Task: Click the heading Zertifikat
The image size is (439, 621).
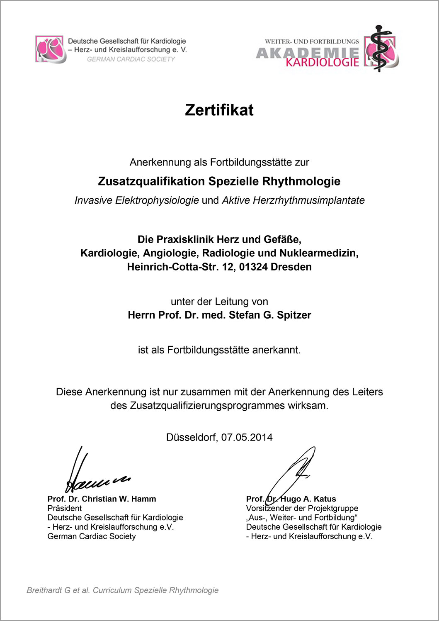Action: [219, 110]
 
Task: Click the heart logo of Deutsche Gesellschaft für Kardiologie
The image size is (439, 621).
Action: [51, 49]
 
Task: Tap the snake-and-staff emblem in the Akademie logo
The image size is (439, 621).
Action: [378, 49]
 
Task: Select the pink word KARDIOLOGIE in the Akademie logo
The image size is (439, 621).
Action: [322, 62]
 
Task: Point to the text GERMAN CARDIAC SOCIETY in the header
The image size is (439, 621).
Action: [131, 59]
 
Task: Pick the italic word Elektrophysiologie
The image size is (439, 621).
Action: [157, 200]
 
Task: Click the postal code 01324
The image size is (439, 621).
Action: [253, 267]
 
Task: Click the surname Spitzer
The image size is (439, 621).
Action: [294, 315]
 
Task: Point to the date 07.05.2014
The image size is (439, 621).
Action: [247, 437]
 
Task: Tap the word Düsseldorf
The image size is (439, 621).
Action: [191, 437]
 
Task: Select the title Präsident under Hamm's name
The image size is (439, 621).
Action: [65, 508]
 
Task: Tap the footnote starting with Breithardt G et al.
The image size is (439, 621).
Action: [122, 590]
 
